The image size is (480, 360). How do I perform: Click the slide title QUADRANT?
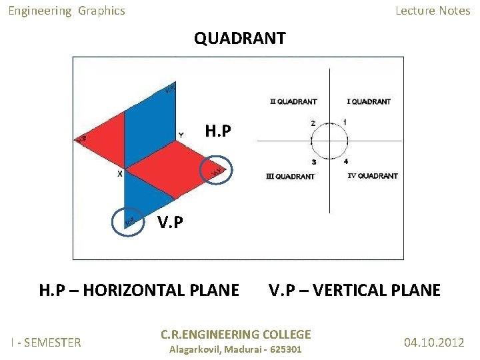(x=240, y=39)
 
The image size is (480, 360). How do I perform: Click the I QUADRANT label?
(x=369, y=102)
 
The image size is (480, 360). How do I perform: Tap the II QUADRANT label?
(x=293, y=102)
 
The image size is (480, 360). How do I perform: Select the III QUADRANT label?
(x=290, y=177)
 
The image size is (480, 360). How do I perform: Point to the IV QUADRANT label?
(x=373, y=176)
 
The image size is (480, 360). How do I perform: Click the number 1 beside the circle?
(x=345, y=122)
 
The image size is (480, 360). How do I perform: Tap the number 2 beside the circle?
(x=313, y=123)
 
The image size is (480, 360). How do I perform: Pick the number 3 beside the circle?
(x=314, y=162)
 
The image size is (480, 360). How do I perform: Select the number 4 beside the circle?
(x=345, y=161)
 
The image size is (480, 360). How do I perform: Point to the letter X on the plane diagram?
(x=119, y=174)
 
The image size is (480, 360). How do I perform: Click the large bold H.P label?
(x=218, y=131)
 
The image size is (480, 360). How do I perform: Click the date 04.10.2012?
(x=434, y=343)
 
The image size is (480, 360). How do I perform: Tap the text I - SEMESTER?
(x=46, y=343)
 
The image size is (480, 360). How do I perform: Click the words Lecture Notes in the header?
(x=433, y=11)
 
